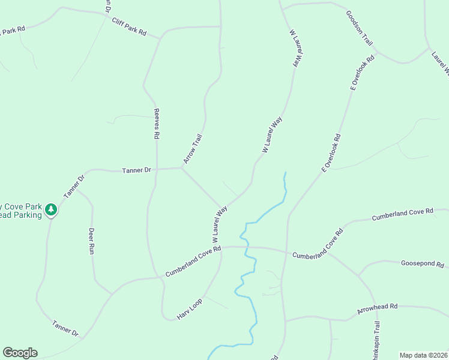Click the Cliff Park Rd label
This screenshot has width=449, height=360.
(x=128, y=26)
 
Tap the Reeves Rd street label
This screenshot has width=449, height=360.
(x=156, y=124)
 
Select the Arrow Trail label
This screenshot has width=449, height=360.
(x=193, y=149)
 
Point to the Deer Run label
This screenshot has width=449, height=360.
(x=92, y=241)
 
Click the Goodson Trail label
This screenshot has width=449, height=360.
(x=360, y=28)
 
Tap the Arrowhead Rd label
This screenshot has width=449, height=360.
(x=377, y=308)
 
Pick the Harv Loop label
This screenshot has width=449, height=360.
(x=189, y=308)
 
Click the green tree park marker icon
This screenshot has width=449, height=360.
(x=52, y=209)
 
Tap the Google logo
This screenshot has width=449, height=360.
(x=20, y=353)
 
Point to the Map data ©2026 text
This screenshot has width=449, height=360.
(x=423, y=355)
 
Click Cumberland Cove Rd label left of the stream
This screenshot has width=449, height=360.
(x=193, y=261)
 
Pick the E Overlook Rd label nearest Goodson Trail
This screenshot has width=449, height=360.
(x=362, y=73)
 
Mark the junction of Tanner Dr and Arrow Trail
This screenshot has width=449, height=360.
(x=181, y=168)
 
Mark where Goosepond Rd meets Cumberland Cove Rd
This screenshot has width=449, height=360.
(x=358, y=275)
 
